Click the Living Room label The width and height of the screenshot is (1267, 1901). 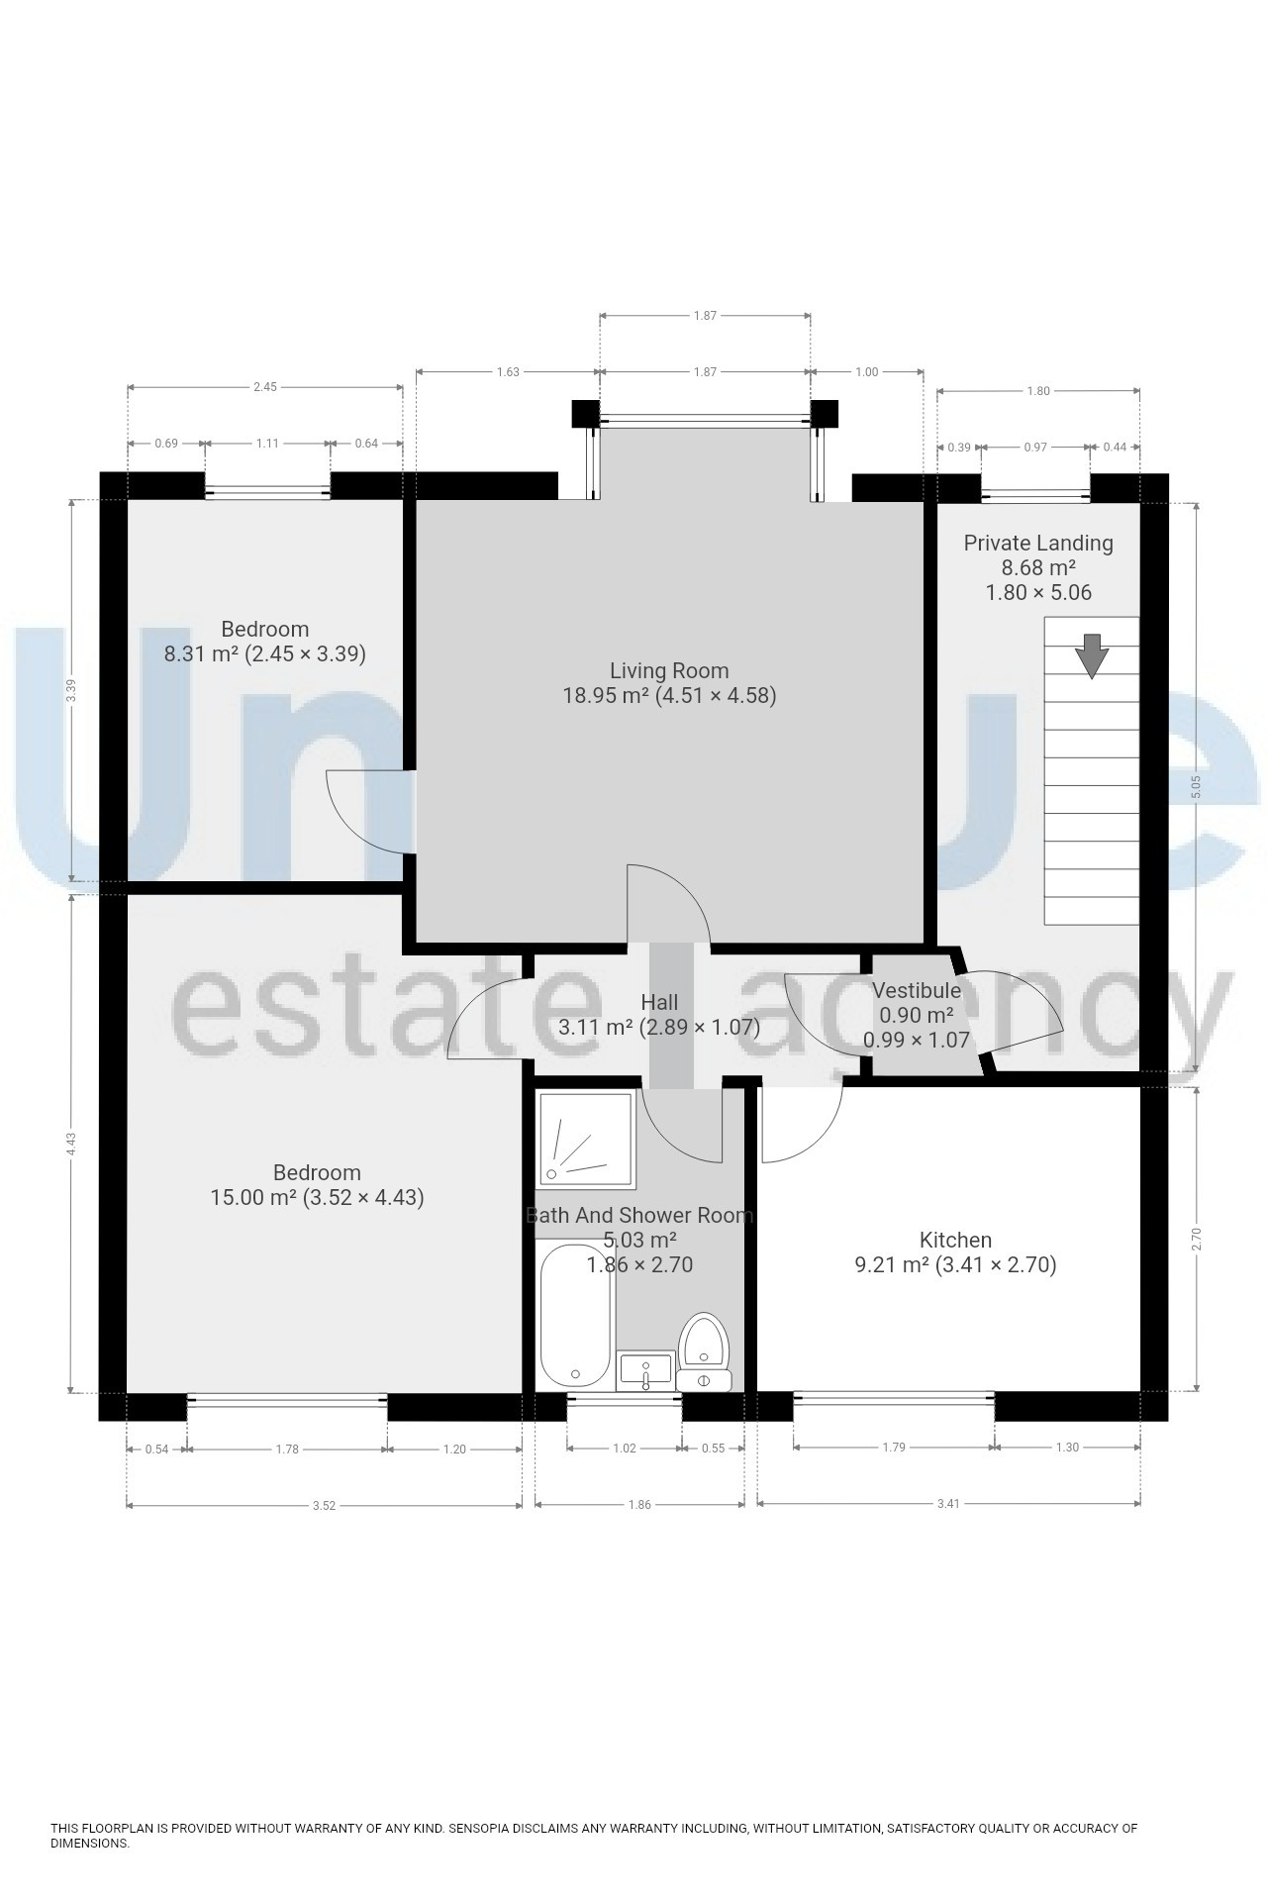[669, 671]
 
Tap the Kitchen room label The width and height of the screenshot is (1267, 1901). [955, 1240]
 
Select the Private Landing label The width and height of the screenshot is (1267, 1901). [1038, 543]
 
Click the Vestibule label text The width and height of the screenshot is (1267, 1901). [916, 990]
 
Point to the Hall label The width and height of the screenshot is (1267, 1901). [659, 1003]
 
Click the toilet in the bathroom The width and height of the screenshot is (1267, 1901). [704, 1351]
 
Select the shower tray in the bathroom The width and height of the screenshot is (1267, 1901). [586, 1138]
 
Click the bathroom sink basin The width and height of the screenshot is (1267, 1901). [644, 1371]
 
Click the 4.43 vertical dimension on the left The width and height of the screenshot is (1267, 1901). [70, 1143]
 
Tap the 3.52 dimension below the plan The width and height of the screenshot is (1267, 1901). [324, 1505]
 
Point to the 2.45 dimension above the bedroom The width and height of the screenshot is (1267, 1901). [264, 387]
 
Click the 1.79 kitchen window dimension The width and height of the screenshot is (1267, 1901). [894, 1448]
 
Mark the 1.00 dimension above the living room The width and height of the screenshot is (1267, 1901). [866, 372]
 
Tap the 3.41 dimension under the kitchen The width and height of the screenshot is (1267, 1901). [948, 1503]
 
